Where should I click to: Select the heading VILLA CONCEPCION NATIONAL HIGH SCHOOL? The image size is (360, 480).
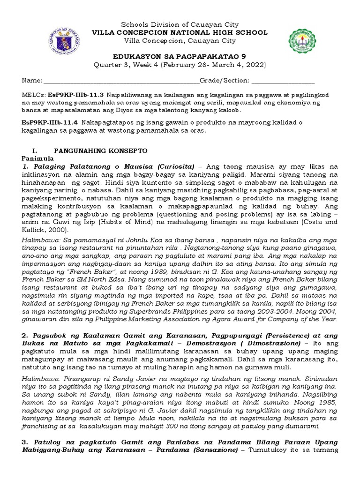click(180, 33)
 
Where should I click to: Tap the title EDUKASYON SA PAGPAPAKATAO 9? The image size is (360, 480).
click(180, 55)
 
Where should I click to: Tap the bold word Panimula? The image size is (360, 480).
click(38, 158)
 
